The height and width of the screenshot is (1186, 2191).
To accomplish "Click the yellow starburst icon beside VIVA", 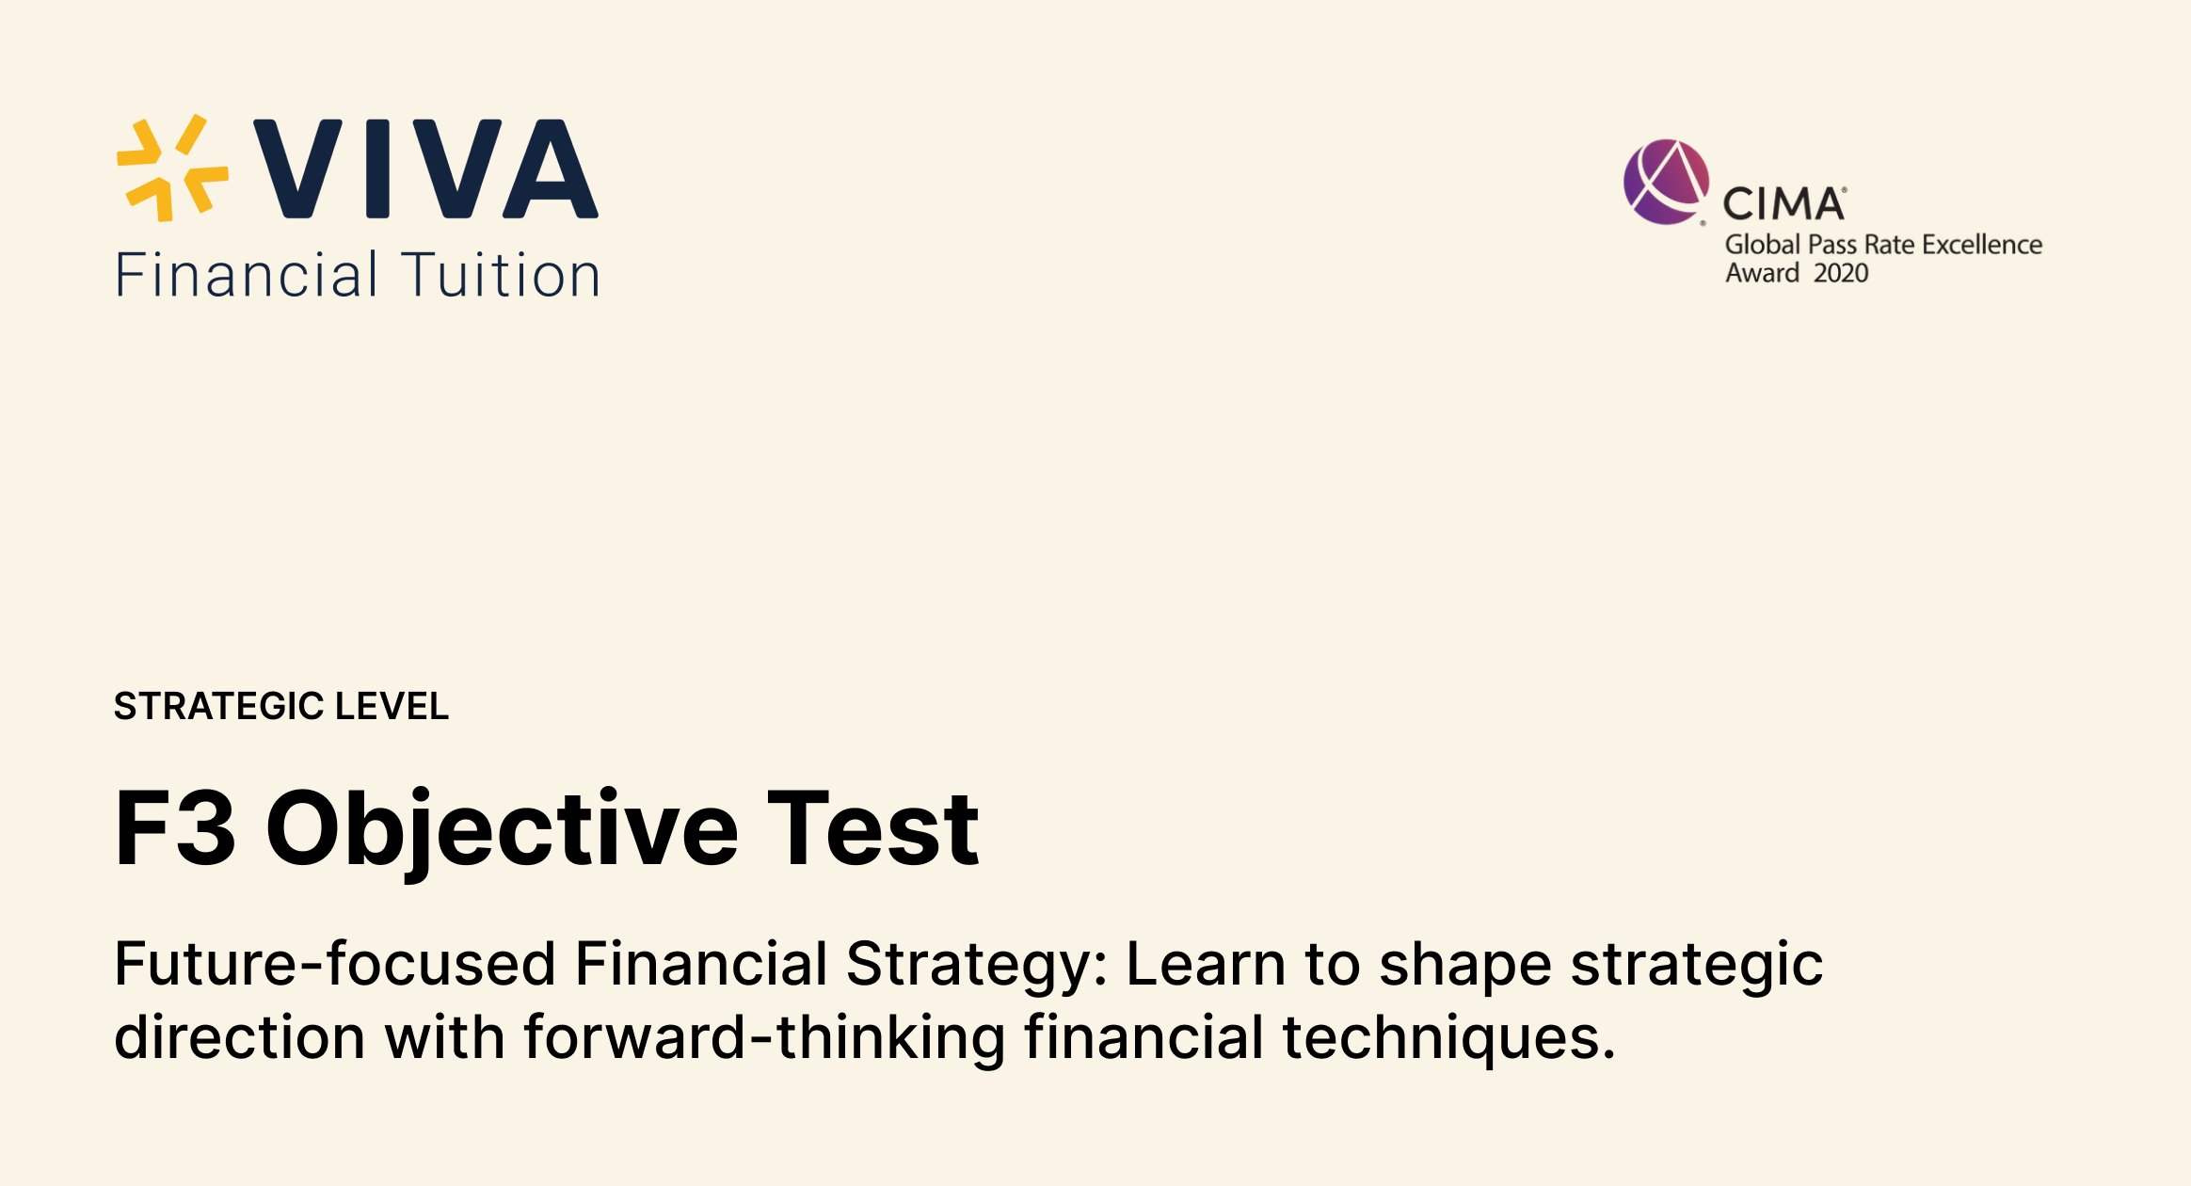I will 172,168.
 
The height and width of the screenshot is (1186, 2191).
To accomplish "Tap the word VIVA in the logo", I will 425,168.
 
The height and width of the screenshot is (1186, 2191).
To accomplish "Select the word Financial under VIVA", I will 247,276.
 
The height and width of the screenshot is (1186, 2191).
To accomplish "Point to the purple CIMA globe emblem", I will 1665,182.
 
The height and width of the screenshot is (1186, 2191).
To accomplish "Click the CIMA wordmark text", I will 1783,204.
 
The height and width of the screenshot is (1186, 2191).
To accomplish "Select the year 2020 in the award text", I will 1841,273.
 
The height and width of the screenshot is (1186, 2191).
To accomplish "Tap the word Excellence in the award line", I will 1982,245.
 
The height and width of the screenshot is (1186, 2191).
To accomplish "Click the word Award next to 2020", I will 1762,273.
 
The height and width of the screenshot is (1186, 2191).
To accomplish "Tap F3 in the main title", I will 175,828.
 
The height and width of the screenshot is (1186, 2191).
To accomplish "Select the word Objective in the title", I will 503,828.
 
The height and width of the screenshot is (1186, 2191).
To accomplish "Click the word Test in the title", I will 873,828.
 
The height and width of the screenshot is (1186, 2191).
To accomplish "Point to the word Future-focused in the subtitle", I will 335,964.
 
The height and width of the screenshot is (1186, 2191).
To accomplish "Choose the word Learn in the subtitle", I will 1206,964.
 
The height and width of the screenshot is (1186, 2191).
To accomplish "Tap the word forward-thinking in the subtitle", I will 764,1037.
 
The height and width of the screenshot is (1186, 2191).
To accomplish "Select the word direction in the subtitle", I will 240,1037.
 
